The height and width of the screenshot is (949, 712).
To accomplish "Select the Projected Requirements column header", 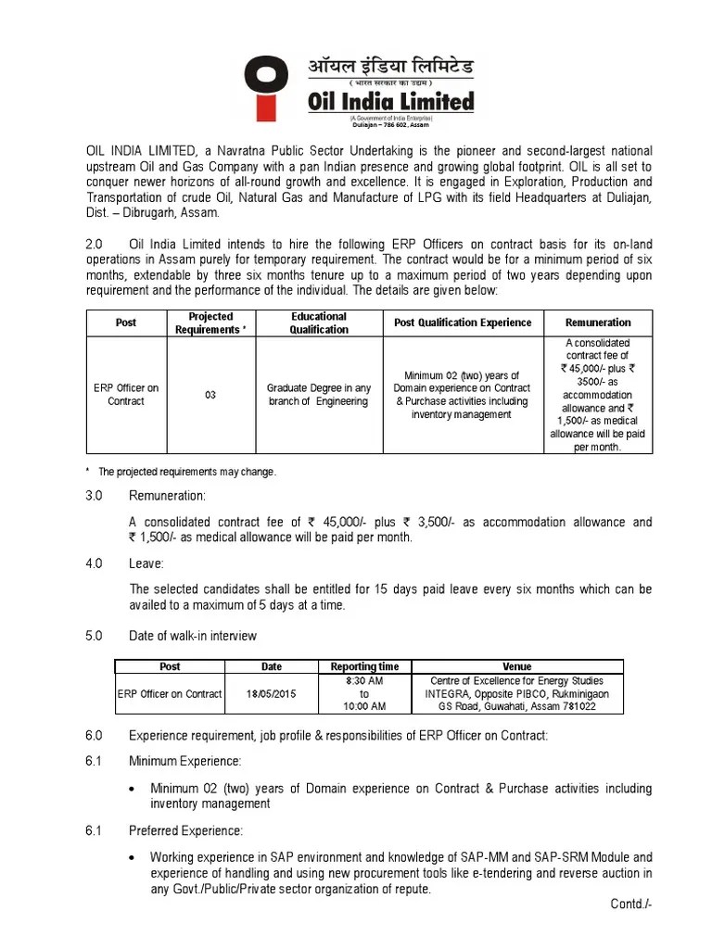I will point(210,323).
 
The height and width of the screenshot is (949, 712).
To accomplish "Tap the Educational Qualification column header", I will point(318,323).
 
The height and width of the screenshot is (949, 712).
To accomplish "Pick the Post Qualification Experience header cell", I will point(463,323).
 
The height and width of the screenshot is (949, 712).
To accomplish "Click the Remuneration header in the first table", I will point(598,323).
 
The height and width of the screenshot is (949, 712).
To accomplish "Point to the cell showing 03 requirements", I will point(210,395).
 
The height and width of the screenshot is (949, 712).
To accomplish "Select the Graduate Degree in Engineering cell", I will point(318,395).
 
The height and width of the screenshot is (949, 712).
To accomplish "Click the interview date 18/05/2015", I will point(271,693).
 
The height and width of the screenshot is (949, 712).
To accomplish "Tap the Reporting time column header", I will point(364,666).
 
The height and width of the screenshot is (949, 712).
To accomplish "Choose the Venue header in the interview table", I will point(516,666).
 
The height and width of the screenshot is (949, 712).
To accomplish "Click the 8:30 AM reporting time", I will point(364,680).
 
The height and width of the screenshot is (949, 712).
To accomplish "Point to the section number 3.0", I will point(94,497).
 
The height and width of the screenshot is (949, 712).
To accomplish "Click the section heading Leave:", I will point(146,563).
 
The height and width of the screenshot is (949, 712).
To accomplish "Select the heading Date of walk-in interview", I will point(193,635).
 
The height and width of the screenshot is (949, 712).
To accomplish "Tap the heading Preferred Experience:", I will point(186,829).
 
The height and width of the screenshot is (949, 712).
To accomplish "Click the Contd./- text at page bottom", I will point(631,904).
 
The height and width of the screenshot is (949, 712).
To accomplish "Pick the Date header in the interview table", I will point(271,666).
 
